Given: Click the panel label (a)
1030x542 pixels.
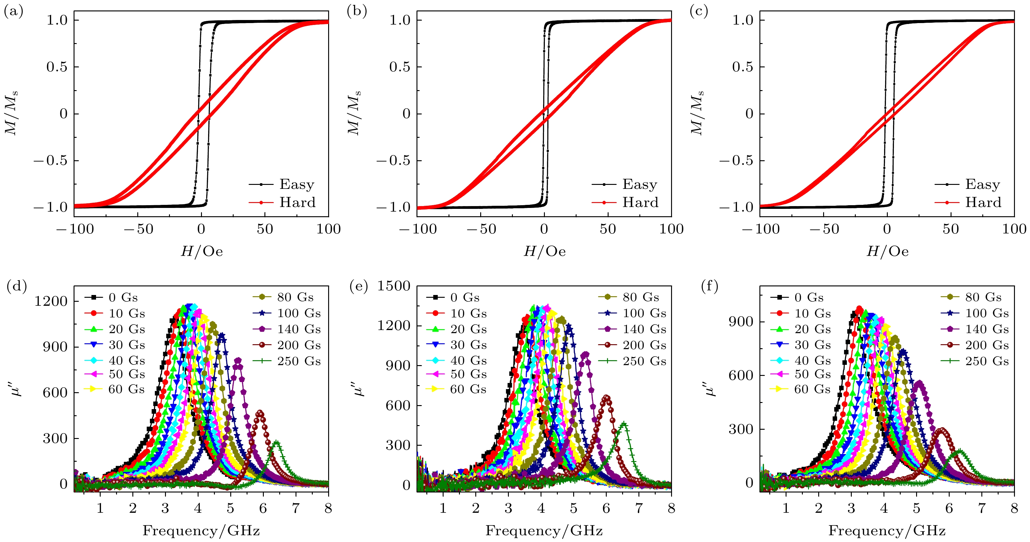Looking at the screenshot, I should click(13, 12).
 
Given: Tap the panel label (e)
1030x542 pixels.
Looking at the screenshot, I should click(358, 286).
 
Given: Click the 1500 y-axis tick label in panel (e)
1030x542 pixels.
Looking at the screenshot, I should click(394, 286).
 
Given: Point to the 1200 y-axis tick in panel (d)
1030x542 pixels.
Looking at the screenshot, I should click(51, 301).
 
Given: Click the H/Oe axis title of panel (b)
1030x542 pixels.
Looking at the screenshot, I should click(545, 251).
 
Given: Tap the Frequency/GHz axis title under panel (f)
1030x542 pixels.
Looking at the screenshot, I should click(887, 531).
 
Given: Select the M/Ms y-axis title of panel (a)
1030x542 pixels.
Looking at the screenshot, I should click(11, 114).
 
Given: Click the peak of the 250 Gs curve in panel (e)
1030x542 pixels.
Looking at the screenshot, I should click(624, 423).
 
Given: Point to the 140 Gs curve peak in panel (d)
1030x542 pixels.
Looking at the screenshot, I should click(238, 360).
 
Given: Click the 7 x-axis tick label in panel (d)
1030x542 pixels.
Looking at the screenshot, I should click(296, 508).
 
